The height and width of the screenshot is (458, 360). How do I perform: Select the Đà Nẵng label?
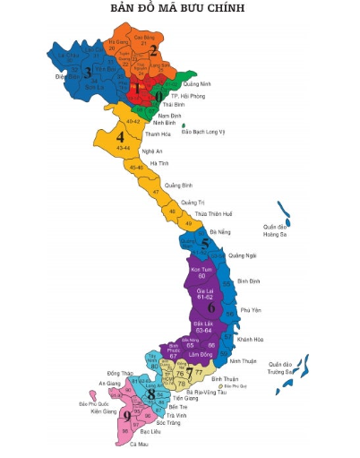click(x=219, y=231)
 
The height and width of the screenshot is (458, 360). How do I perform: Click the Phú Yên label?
click(x=250, y=310)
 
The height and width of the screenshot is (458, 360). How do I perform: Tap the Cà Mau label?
click(x=139, y=444)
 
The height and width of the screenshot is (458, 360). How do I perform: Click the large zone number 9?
click(x=127, y=416)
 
